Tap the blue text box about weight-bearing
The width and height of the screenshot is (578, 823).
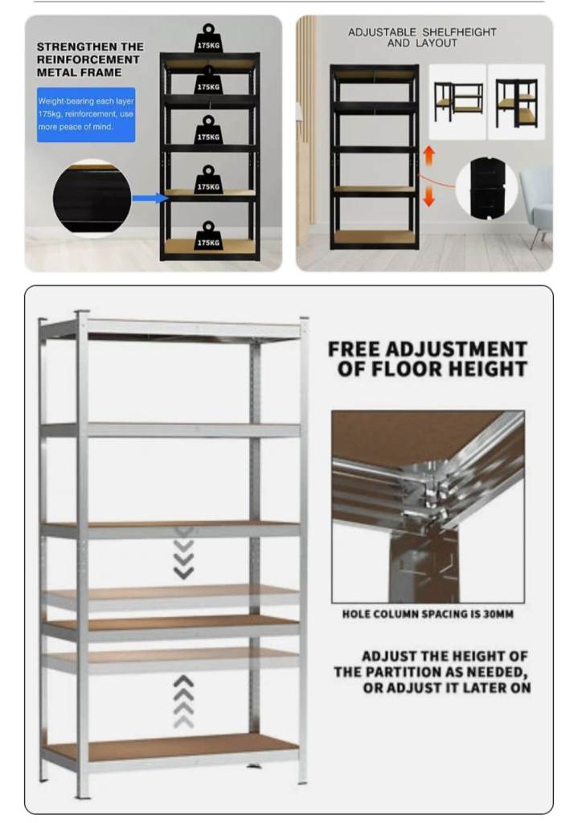click(86, 114)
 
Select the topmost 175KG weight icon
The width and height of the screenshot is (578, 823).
click(208, 41)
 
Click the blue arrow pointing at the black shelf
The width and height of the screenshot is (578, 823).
click(150, 198)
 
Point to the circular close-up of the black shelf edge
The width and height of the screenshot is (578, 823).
click(92, 198)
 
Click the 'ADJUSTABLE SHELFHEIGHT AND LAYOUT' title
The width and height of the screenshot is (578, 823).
click(421, 37)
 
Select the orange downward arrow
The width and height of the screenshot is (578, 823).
click(428, 195)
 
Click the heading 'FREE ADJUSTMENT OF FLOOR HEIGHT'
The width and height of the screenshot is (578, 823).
click(428, 359)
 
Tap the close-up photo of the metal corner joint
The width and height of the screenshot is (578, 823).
click(428, 507)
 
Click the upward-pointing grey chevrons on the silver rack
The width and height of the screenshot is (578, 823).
click(183, 701)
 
